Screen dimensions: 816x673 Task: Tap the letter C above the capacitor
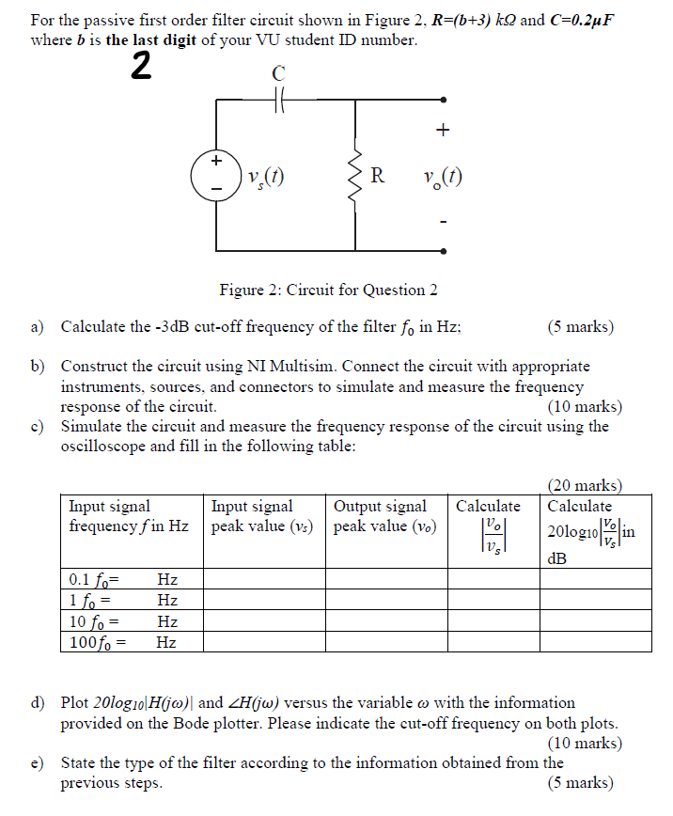pyautogui.click(x=278, y=73)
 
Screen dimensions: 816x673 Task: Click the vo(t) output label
pyautogui.click(x=443, y=176)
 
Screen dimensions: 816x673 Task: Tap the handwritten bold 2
pyautogui.click(x=140, y=68)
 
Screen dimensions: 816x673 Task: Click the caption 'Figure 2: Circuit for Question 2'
pyautogui.click(x=328, y=290)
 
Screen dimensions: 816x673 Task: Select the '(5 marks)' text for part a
pyautogui.click(x=580, y=327)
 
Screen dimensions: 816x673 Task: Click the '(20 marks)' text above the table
pyautogui.click(x=585, y=485)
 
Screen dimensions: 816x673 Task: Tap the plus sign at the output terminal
pyautogui.click(x=444, y=129)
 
